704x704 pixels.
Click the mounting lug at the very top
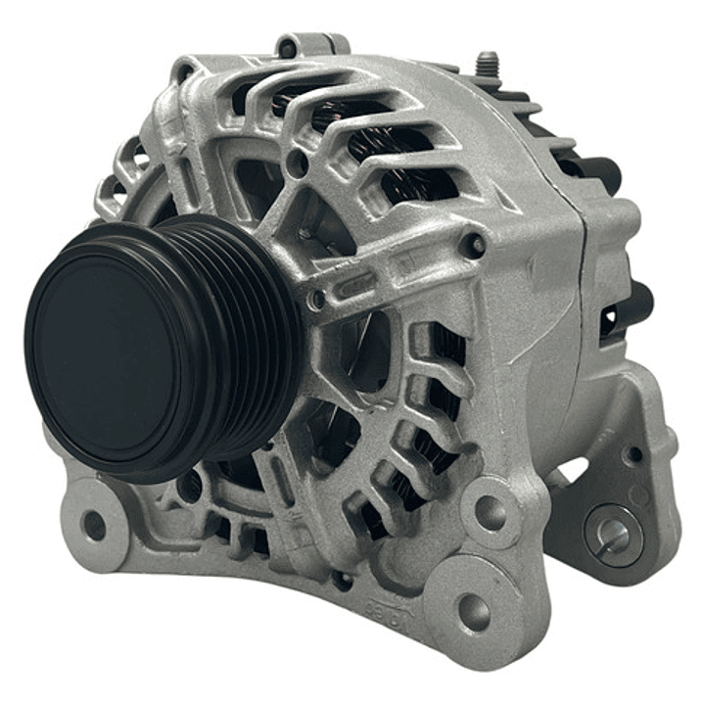coord(310,44)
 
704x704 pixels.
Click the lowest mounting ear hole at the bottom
coord(473,612)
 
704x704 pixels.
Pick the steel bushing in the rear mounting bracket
coord(614,535)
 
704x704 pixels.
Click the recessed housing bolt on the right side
coord(475,244)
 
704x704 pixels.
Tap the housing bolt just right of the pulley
coord(315,300)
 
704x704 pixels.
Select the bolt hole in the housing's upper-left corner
coord(182,70)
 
